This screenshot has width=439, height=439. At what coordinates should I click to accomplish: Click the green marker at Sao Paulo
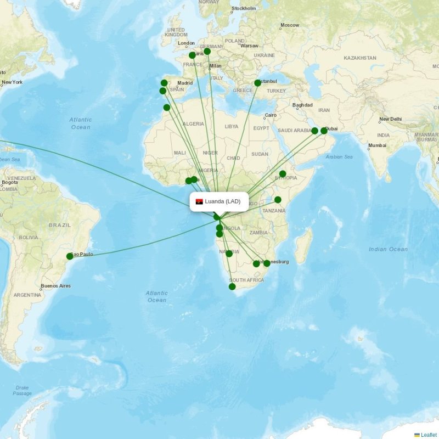point(70,256)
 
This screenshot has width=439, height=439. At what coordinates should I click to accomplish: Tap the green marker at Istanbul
point(257,83)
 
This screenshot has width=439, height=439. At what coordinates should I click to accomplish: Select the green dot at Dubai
point(324,131)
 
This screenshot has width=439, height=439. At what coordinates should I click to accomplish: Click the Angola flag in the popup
point(199,201)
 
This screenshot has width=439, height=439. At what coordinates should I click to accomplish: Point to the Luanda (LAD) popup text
point(223,201)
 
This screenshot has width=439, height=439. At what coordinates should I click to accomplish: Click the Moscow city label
point(290,25)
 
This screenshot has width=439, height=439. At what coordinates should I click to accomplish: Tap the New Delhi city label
point(391,119)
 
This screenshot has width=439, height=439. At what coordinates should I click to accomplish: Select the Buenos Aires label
point(55,286)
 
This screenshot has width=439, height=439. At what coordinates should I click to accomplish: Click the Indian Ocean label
point(388,249)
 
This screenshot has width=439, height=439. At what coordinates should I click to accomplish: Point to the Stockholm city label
point(244,9)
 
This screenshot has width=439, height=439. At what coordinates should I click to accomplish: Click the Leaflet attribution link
point(429,435)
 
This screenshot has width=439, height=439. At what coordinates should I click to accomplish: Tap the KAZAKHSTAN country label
point(360,58)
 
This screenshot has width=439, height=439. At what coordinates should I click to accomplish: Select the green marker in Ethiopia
point(283,174)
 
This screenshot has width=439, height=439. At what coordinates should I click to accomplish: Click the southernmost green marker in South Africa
point(232,286)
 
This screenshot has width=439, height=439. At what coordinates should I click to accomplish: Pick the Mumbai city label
point(377,145)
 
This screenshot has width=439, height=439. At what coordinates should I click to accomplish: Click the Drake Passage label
point(22,390)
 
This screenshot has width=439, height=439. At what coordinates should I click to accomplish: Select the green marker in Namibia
point(229,254)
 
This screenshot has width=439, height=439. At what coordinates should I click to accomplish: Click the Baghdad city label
point(302,105)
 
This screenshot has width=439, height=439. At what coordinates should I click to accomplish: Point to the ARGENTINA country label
point(27,295)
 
